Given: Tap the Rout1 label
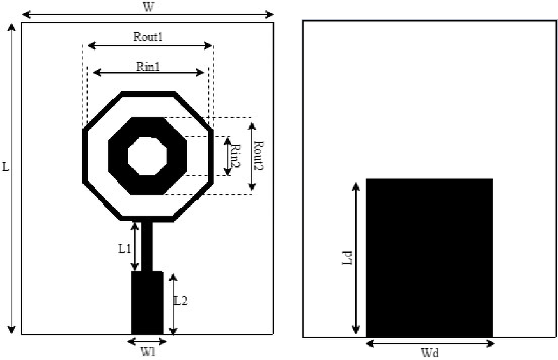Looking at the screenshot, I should (148, 36).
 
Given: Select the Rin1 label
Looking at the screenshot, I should (148, 66).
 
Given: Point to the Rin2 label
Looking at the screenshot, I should (236, 156).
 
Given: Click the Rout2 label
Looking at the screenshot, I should (260, 156).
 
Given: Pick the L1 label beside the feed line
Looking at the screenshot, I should (125, 249).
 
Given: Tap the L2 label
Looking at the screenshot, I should (180, 301).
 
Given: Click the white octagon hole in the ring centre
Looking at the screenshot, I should (148, 155).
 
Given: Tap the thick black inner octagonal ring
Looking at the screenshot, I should (118, 155).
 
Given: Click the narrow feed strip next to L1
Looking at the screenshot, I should (147, 246).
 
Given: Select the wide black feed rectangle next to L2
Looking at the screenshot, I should (147, 302).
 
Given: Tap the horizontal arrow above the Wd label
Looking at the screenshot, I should (429, 343).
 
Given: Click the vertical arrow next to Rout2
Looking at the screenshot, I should (251, 155).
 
